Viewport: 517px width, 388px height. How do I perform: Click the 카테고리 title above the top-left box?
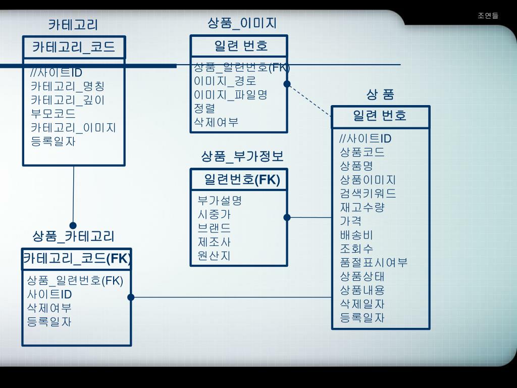(73, 24)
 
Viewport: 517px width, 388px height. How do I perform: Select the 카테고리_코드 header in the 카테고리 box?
(74, 47)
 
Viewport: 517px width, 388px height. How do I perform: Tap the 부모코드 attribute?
(53, 114)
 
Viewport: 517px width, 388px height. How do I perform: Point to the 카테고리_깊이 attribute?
(68, 100)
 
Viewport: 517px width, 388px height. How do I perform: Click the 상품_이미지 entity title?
(242, 23)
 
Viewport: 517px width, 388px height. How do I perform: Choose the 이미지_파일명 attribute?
(231, 94)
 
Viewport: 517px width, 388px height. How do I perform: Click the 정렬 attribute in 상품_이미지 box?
(204, 108)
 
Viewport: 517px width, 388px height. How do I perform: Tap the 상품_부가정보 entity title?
(242, 156)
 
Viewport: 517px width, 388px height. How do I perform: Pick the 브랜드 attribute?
(214, 228)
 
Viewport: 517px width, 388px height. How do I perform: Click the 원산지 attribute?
(214, 256)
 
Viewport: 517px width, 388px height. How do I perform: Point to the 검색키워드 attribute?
(368, 193)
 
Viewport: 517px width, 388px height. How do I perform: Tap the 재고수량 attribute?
(362, 207)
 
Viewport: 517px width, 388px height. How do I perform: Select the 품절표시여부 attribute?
(374, 263)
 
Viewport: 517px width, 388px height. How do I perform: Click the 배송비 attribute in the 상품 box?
(356, 235)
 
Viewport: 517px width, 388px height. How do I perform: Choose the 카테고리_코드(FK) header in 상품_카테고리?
(77, 259)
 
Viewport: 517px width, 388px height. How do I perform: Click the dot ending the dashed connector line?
(287, 84)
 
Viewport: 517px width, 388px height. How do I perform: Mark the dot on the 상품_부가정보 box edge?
(287, 217)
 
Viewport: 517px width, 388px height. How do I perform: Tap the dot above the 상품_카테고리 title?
(73, 225)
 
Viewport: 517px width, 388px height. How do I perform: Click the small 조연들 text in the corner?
(488, 16)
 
